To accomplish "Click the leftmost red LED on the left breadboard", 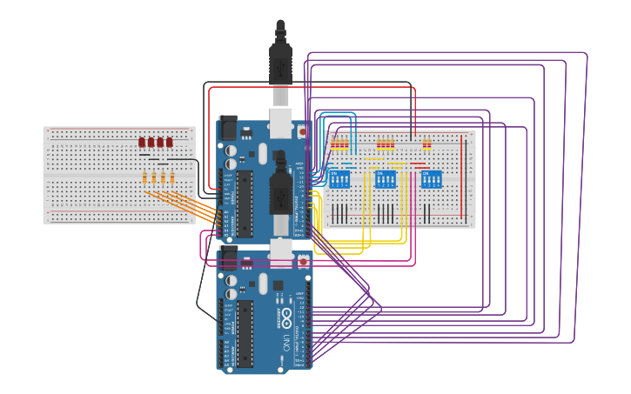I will (x=142, y=142).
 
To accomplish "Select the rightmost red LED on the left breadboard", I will (x=170, y=142).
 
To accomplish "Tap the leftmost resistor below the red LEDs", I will (x=144, y=178).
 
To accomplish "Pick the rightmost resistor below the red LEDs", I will (x=172, y=178).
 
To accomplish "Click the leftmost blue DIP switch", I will (x=339, y=180).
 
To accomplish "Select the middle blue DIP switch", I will (x=385, y=180).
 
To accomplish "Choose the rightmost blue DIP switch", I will (x=430, y=180).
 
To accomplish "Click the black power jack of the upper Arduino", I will (x=228, y=127).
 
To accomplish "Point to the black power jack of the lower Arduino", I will (x=228, y=258).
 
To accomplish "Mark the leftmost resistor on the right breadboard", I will (x=332, y=144).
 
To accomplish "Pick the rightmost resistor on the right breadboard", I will (x=428, y=144).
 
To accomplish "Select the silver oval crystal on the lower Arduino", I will (x=263, y=284).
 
